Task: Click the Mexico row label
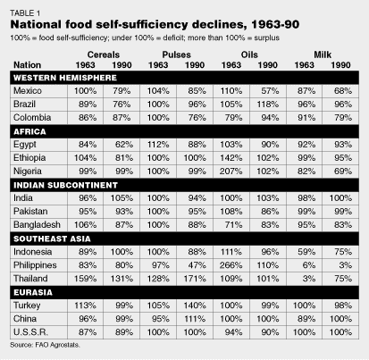click(x=28, y=90)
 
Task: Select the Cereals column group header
click(x=104, y=54)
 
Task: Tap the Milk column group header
click(x=323, y=54)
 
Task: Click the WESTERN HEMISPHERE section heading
click(x=65, y=78)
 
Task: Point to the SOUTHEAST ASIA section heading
click(x=52, y=239)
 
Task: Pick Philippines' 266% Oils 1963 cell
click(x=231, y=265)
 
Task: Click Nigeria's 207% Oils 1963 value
click(x=231, y=172)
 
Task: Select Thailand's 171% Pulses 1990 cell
click(x=195, y=279)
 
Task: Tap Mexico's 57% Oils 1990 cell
click(x=270, y=90)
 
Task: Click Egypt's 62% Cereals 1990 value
click(x=124, y=145)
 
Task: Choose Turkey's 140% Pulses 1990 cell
click(x=195, y=306)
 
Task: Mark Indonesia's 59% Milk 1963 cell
click(x=306, y=252)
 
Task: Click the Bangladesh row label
click(x=37, y=225)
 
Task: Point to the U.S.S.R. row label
click(x=30, y=332)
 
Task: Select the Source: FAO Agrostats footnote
click(x=45, y=345)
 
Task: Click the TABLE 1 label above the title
click(x=25, y=13)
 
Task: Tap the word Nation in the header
click(x=27, y=65)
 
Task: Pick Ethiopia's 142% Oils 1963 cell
click(x=231, y=158)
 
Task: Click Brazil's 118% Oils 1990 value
click(x=268, y=105)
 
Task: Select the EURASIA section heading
click(x=33, y=292)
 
